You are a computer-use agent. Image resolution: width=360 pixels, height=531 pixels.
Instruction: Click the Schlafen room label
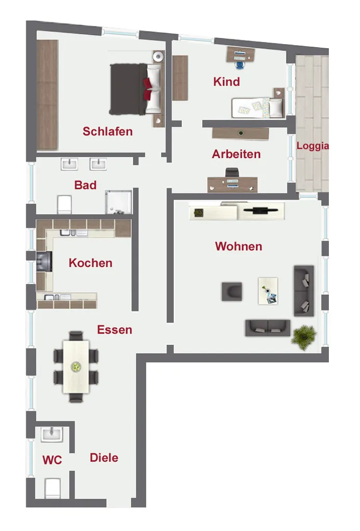click(x=108, y=131)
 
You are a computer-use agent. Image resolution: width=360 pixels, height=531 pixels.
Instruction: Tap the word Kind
click(x=227, y=81)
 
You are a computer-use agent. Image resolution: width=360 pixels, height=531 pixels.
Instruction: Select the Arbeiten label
click(x=237, y=154)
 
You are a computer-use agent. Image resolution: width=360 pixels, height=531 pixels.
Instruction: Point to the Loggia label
click(x=313, y=146)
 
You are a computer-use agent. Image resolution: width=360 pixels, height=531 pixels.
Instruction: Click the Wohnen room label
click(x=239, y=246)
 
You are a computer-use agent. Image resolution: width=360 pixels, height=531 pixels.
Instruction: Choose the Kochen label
click(x=90, y=263)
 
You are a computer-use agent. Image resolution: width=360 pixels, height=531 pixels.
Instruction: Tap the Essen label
click(x=115, y=329)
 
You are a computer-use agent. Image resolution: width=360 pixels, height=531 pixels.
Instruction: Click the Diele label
click(x=104, y=458)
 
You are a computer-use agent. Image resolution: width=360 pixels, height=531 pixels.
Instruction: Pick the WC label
click(x=52, y=460)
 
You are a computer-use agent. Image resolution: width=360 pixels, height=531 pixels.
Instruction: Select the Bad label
click(x=86, y=185)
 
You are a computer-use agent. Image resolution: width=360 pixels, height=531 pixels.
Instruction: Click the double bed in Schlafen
click(x=135, y=89)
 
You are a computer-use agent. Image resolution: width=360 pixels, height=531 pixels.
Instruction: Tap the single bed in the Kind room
click(x=257, y=108)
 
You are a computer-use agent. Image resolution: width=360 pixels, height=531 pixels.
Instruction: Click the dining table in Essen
click(x=76, y=367)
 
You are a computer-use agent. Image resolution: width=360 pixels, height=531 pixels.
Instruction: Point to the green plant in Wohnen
click(x=304, y=336)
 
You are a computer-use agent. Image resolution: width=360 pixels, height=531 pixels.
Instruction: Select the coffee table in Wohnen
click(x=268, y=291)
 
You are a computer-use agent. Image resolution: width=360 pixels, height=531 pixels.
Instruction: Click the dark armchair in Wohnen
click(x=232, y=291)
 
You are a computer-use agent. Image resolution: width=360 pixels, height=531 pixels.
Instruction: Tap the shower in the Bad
click(x=118, y=202)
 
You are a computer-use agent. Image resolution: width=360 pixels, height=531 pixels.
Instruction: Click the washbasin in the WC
click(x=52, y=435)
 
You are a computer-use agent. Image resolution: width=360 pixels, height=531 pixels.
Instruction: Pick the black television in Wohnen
click(x=260, y=210)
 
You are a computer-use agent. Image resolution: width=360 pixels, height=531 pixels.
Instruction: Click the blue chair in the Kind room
click(x=240, y=64)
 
